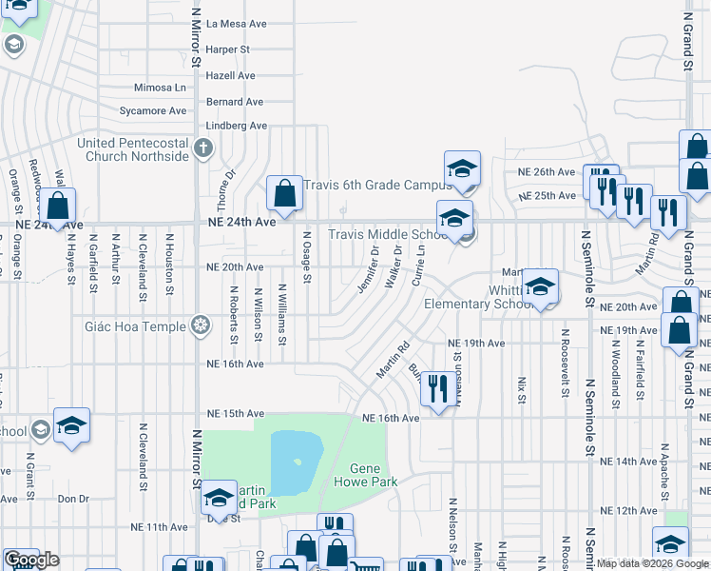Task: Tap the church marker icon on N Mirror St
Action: (202, 148)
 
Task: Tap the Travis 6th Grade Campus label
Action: (372, 186)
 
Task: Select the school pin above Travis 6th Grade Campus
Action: (462, 169)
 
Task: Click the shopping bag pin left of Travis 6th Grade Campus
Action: (284, 194)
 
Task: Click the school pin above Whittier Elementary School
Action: (539, 285)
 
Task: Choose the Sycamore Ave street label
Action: (153, 111)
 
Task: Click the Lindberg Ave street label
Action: (237, 126)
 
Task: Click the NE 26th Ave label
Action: (547, 172)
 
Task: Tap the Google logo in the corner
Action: (31, 561)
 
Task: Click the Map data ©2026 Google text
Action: (651, 563)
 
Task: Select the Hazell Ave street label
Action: (232, 75)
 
